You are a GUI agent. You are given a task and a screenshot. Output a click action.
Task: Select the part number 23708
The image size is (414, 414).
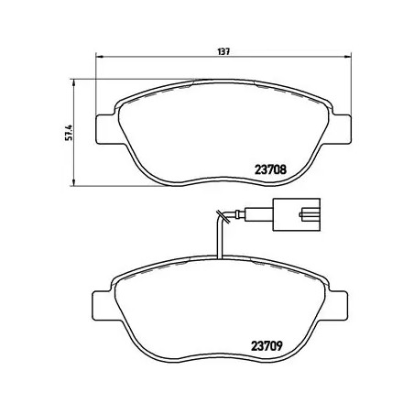[x=270, y=168]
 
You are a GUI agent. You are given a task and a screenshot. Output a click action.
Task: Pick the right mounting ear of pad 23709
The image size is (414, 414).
[x=343, y=300]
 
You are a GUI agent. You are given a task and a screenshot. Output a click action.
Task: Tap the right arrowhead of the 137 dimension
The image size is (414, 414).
[x=348, y=61]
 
